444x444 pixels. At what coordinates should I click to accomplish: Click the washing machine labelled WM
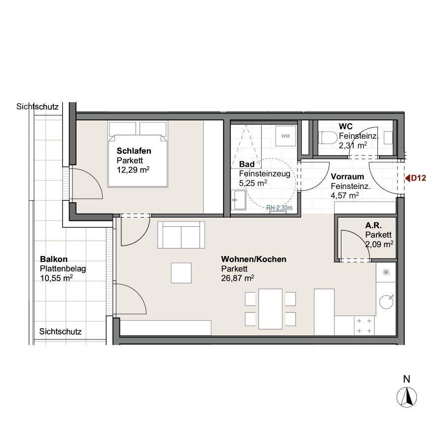[x=286, y=136]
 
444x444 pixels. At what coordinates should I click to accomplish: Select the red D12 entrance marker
[x=415, y=178]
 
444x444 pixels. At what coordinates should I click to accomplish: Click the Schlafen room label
[x=134, y=151]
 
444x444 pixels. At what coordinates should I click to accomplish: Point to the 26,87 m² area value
[x=237, y=278]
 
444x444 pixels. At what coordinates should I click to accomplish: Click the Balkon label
[x=54, y=259]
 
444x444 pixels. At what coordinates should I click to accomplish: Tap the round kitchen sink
[x=386, y=301]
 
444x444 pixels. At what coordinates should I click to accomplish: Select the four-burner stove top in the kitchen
[x=364, y=326]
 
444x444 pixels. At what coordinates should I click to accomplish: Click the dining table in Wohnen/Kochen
[x=270, y=309]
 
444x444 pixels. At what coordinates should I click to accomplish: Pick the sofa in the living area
[x=181, y=235]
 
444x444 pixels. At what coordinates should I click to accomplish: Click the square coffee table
[x=181, y=273]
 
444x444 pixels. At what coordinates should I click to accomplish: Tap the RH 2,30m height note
[x=279, y=208]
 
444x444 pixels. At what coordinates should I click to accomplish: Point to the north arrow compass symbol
[x=407, y=397]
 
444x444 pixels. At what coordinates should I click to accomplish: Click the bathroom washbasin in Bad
[x=238, y=200]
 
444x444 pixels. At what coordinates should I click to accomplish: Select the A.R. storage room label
[x=373, y=225]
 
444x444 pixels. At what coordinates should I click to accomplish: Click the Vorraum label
[x=347, y=177]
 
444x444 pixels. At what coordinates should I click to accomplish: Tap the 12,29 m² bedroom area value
[x=133, y=170]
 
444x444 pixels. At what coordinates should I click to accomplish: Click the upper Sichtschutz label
[x=37, y=107]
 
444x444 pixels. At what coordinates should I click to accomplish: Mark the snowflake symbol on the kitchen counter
[x=386, y=272]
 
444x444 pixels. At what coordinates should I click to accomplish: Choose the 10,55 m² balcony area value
[x=56, y=278]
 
